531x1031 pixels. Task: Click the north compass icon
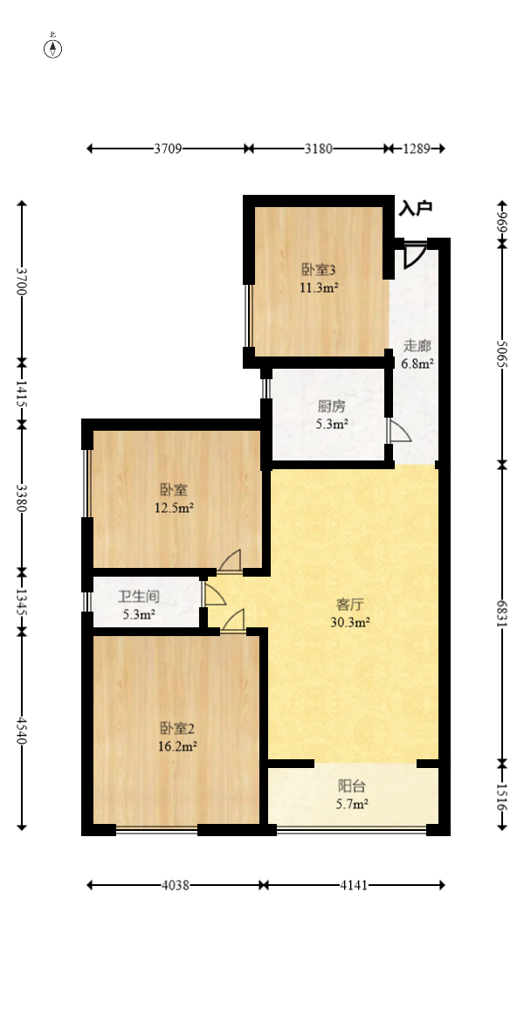click(x=53, y=48)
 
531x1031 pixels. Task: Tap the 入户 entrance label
click(x=416, y=208)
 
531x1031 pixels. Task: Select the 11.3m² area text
click(x=320, y=287)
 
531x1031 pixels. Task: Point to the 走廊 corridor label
click(x=417, y=345)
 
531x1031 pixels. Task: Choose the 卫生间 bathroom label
click(x=139, y=598)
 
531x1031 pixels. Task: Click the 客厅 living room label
click(x=352, y=604)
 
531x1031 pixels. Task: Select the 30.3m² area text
click(x=352, y=622)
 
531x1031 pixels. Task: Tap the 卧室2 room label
click(x=176, y=728)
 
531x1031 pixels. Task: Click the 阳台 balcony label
click(x=352, y=785)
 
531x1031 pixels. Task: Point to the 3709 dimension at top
click(x=168, y=149)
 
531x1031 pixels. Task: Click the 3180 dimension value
click(x=318, y=149)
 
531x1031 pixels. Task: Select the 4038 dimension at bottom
click(x=175, y=885)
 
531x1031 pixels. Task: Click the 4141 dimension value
click(x=354, y=885)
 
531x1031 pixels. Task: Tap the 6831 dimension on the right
click(x=502, y=612)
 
